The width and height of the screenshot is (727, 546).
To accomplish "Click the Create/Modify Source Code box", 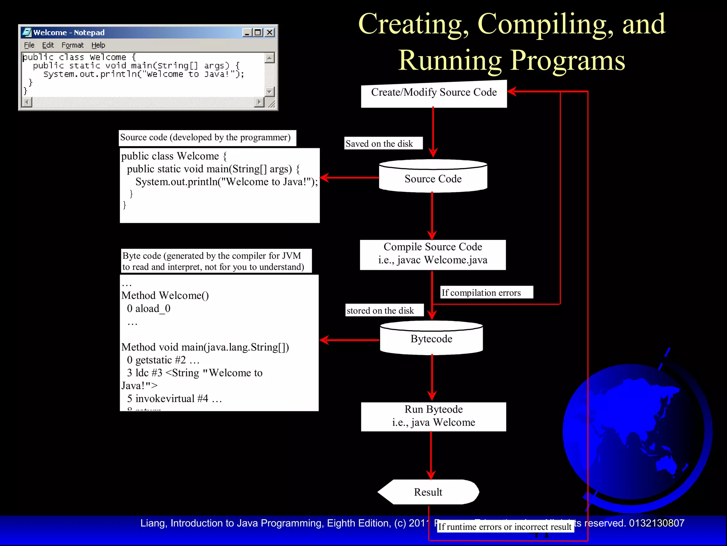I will pos(433,93).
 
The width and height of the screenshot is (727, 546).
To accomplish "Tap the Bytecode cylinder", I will pos(431,339).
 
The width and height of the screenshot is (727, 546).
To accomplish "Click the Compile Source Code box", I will pos(433,254).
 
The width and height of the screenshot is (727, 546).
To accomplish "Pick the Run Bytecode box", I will pos(433,416).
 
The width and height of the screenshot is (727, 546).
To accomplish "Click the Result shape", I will pos(428,492).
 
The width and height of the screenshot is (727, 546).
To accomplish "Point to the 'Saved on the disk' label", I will pos(379,144).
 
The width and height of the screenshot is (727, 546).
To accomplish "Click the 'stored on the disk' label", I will pos(380,310).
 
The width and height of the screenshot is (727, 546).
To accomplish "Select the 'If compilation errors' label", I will pos(481,293).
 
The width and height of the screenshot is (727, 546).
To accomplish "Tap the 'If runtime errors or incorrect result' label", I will pos(505,527).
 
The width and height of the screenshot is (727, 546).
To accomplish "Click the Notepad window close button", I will pos(270,32).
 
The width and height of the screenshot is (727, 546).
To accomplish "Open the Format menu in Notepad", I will pos(72,45).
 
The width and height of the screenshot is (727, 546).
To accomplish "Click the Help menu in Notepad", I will pos(98,45).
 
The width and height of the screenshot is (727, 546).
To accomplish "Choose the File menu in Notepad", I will pos(29,45).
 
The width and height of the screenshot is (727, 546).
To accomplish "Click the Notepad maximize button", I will pos(258,32).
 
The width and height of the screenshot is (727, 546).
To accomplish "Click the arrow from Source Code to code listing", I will pos(350,177).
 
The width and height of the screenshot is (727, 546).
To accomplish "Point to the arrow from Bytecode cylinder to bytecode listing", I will pos(350,340).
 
